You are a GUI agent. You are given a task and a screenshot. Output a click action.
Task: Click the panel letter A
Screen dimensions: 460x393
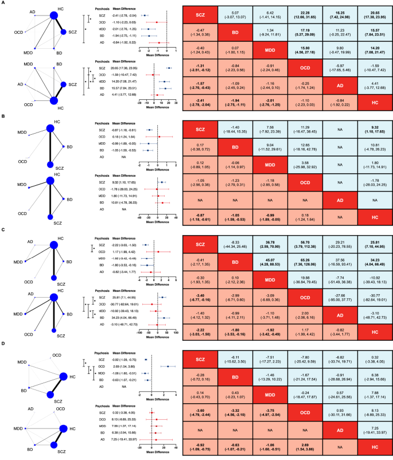3,3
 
